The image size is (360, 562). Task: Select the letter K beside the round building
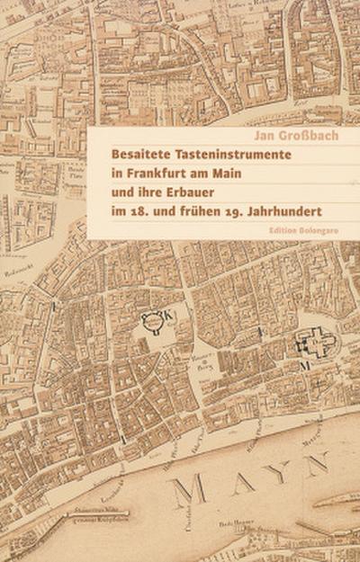point(174,317)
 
